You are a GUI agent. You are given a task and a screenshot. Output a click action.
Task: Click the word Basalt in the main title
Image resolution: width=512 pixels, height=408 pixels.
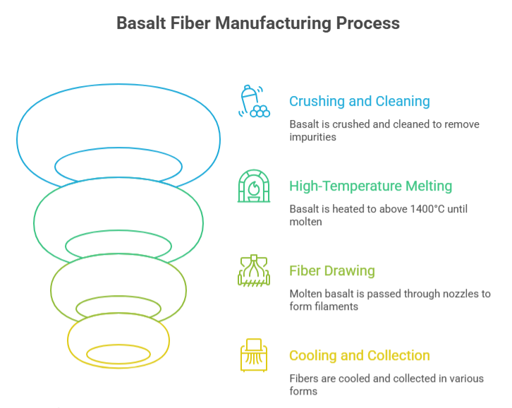click(x=140, y=23)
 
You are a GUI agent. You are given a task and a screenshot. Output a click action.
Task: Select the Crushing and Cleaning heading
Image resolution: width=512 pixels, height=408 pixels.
click(x=359, y=101)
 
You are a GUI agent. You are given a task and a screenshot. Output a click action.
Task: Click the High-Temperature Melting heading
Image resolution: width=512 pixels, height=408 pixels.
click(x=370, y=186)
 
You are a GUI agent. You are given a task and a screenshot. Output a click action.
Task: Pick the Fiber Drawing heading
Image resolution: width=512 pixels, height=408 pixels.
click(x=331, y=270)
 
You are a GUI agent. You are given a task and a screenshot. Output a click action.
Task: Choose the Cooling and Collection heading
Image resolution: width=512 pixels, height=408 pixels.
click(x=359, y=355)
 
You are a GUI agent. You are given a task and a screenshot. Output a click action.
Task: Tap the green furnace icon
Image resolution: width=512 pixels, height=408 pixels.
click(x=253, y=186)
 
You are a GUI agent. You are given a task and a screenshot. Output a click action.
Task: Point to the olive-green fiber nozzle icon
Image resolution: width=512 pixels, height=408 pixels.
click(x=253, y=271)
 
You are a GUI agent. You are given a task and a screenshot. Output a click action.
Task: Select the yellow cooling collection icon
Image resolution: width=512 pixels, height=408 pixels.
click(x=253, y=355)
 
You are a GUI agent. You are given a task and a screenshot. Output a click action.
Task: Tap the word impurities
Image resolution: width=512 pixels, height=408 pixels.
click(x=312, y=137)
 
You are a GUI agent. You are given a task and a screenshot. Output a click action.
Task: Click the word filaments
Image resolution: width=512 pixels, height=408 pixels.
click(x=336, y=306)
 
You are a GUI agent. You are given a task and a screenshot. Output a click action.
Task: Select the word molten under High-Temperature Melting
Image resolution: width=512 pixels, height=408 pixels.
click(x=305, y=222)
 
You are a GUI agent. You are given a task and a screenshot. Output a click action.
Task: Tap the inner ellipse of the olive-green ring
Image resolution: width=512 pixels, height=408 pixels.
click(x=118, y=307)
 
